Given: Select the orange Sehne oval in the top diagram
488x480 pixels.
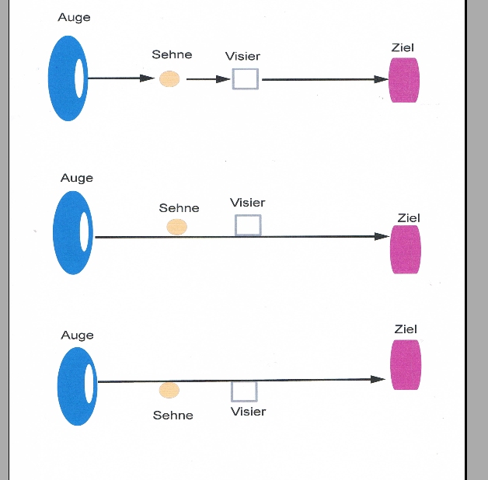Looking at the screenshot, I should click(x=169, y=78).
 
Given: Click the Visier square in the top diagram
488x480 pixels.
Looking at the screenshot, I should click(x=246, y=78).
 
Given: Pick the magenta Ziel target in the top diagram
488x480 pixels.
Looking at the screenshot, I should click(x=404, y=79).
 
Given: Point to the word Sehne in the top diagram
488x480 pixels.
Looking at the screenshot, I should click(x=172, y=55).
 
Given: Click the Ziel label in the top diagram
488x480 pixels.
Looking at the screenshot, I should click(x=403, y=48).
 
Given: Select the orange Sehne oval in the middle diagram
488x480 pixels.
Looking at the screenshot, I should click(x=177, y=227).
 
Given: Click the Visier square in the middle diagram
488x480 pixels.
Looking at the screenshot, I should click(x=248, y=225).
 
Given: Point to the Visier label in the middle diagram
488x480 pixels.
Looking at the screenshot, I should click(x=247, y=203).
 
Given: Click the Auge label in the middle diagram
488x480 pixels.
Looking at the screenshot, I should click(x=76, y=179).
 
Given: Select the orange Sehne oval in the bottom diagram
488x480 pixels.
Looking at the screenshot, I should click(x=169, y=391).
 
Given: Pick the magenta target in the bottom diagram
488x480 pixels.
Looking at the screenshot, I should click(x=406, y=365).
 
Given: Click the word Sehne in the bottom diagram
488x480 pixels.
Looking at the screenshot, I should click(x=173, y=416).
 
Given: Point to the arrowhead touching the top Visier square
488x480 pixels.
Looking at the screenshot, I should click(x=225, y=78).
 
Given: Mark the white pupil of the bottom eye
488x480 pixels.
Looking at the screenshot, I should click(x=89, y=383).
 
